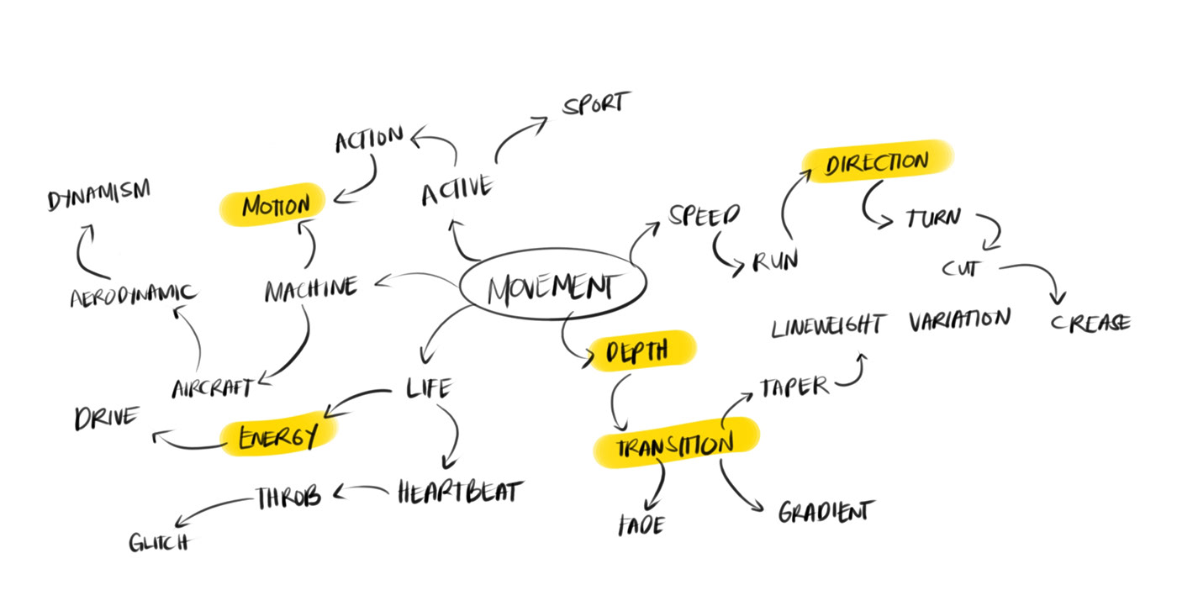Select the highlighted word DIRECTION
coord(877,162)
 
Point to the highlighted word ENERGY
coord(277,436)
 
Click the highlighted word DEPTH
coord(636,351)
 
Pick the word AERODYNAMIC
coord(133,295)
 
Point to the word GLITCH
coord(159,541)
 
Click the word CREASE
coord(1090,324)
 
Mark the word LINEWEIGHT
coord(828,325)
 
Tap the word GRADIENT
coord(826,511)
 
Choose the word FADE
coord(641,525)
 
